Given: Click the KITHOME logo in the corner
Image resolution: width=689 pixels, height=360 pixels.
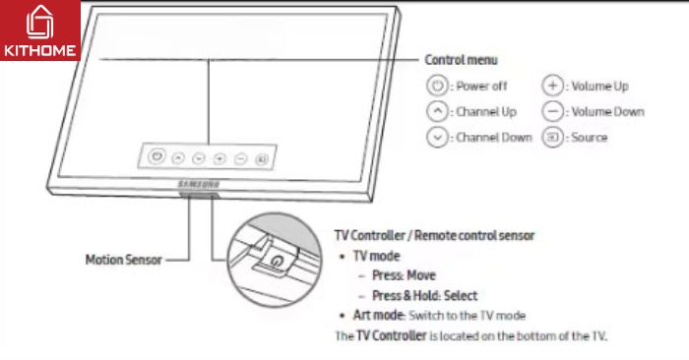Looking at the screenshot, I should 39,30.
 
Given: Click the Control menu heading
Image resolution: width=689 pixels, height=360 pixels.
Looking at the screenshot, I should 461,60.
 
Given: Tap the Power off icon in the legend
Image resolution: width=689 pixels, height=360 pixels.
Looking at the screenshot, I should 437,87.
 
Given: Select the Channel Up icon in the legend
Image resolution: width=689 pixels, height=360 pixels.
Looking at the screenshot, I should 437,112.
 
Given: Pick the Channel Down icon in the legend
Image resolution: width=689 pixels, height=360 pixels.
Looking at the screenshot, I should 437,138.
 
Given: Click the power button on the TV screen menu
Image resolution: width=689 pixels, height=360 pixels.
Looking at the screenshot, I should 156,156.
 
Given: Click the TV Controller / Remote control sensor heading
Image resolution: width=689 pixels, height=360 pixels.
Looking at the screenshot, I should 435,236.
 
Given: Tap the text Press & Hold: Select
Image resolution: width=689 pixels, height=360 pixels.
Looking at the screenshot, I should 424,295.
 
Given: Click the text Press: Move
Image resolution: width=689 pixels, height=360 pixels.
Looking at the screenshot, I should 404,275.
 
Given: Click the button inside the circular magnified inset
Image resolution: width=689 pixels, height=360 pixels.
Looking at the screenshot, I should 275,263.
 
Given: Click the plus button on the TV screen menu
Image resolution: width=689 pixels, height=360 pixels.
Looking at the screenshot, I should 219,157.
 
